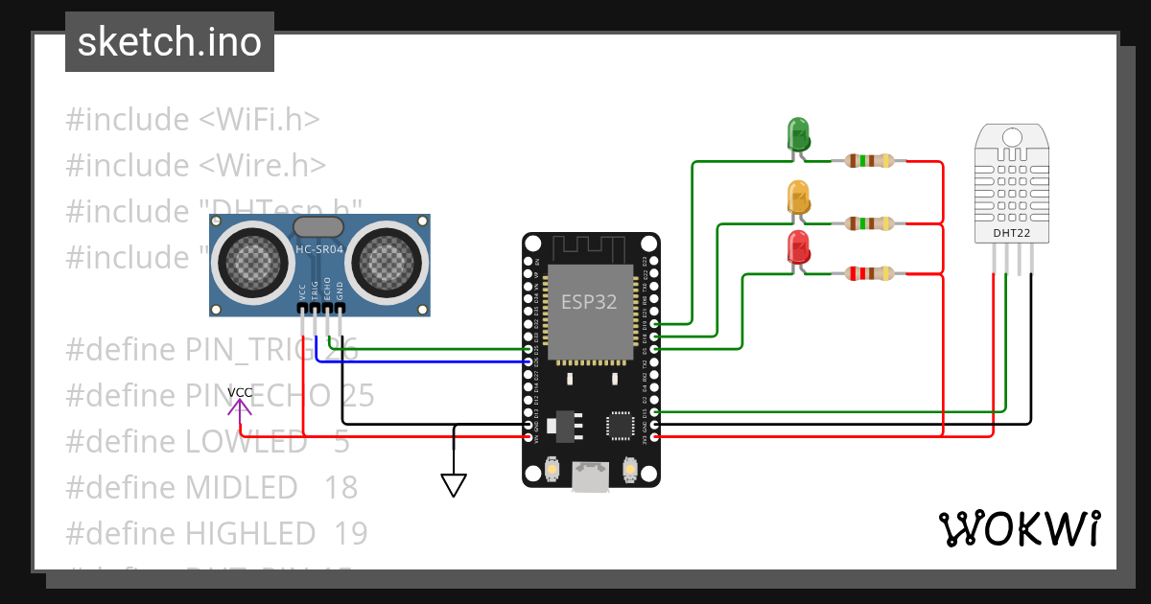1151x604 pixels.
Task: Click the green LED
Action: [798, 134]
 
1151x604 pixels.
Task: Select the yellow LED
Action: [798, 197]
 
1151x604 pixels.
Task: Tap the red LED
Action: [798, 248]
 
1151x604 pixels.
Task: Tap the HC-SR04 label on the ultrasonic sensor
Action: [319, 250]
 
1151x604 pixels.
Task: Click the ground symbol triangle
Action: [454, 485]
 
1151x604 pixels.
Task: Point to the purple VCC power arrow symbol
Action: [240, 407]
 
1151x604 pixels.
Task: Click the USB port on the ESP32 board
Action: [591, 476]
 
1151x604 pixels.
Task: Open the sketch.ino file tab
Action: [170, 42]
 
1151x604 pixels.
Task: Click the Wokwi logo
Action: [1019, 528]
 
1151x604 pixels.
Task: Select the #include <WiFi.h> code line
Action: [193, 120]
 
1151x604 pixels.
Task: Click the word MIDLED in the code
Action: [241, 487]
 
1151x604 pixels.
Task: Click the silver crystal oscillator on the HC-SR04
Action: [318, 226]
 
